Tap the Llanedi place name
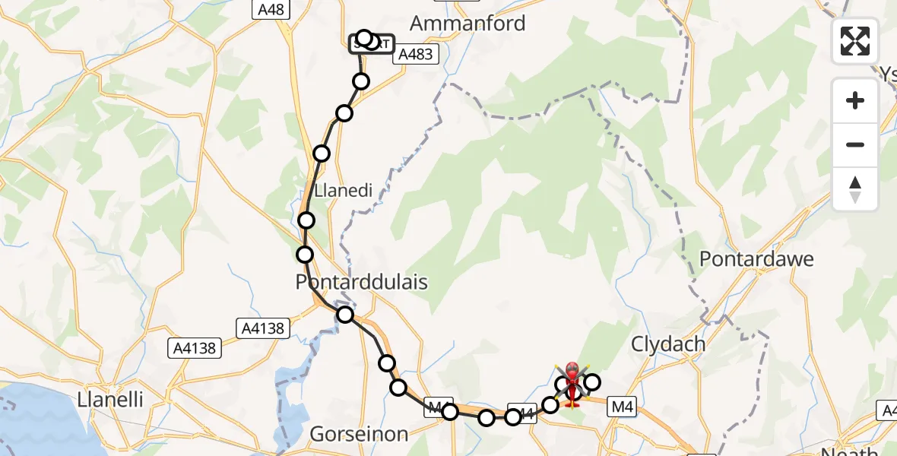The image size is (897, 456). (x=344, y=190)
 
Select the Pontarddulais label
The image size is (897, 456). (x=361, y=282)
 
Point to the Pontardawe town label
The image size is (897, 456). (x=756, y=258)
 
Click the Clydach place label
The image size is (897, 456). (x=668, y=344)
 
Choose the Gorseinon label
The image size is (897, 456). (x=359, y=434)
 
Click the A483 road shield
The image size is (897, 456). (x=417, y=54)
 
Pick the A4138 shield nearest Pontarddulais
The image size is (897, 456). (x=262, y=328)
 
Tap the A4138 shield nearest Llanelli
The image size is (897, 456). (x=194, y=349)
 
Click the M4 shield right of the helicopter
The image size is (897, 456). (x=623, y=408)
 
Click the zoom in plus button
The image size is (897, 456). (x=855, y=100)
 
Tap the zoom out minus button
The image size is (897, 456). (x=855, y=144)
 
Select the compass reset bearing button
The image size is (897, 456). (x=855, y=188)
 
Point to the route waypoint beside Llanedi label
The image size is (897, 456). (x=322, y=154)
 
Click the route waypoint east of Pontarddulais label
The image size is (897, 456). (x=346, y=315)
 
